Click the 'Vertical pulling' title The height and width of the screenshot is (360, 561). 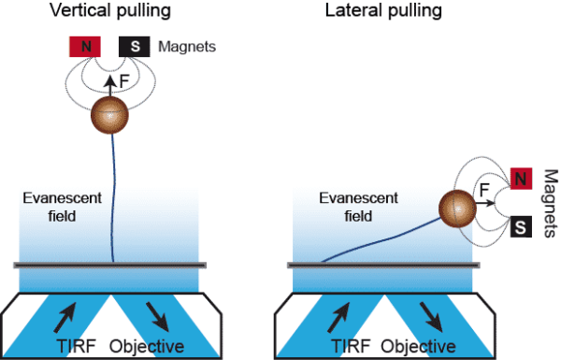pos(113,12)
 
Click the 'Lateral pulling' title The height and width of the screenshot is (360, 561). pos(371,12)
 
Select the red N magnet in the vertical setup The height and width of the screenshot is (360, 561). pos(86,47)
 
